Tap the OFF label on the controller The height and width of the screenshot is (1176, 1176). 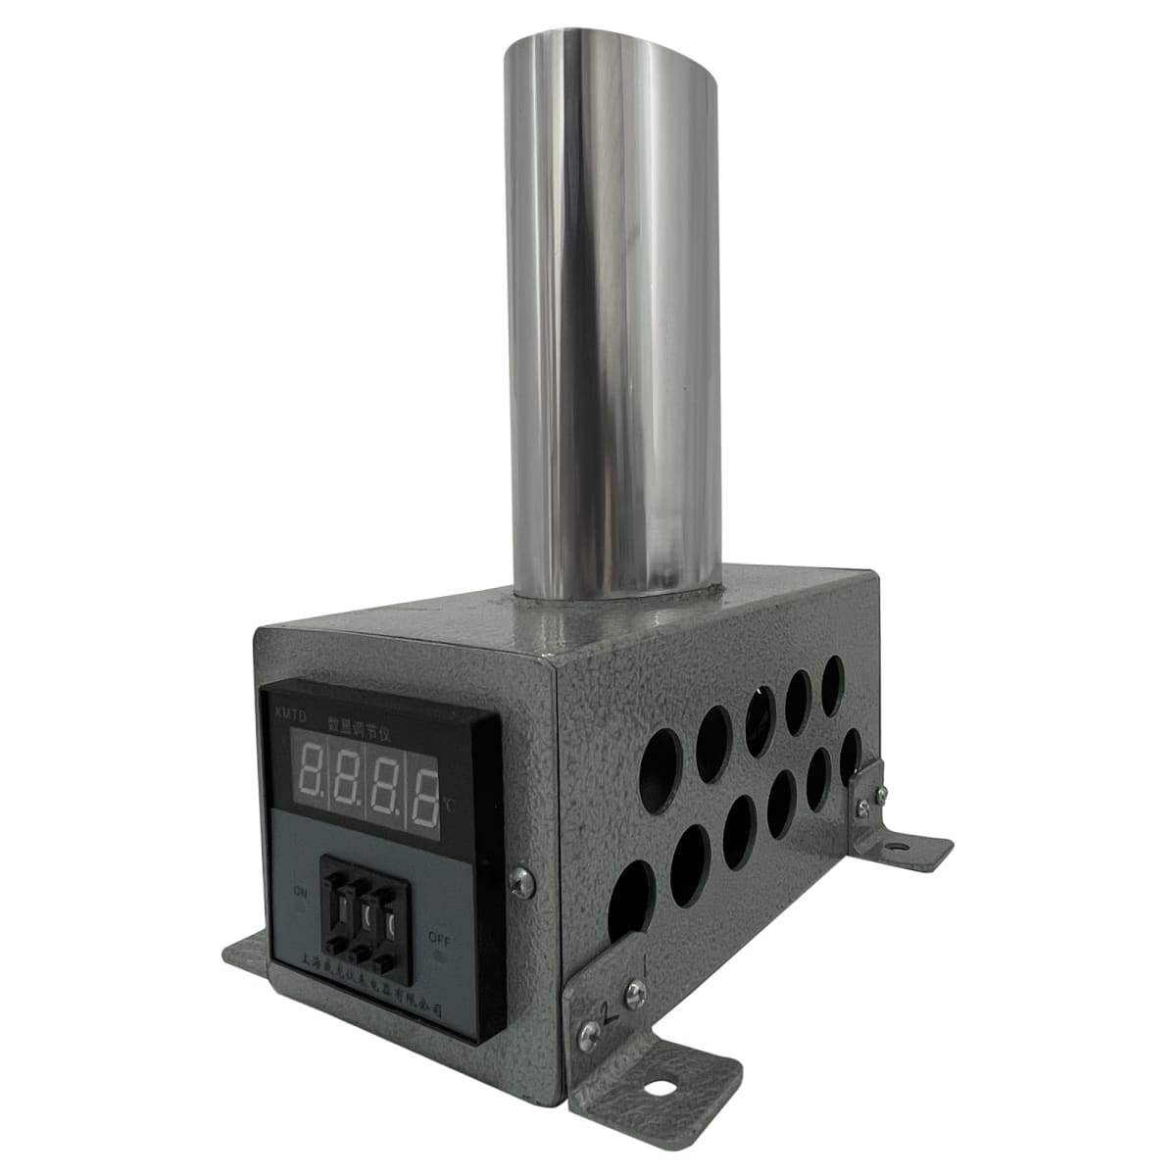tap(437, 937)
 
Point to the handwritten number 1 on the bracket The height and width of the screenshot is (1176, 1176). tap(644, 970)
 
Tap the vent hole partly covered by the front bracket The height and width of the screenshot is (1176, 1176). tap(629, 902)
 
